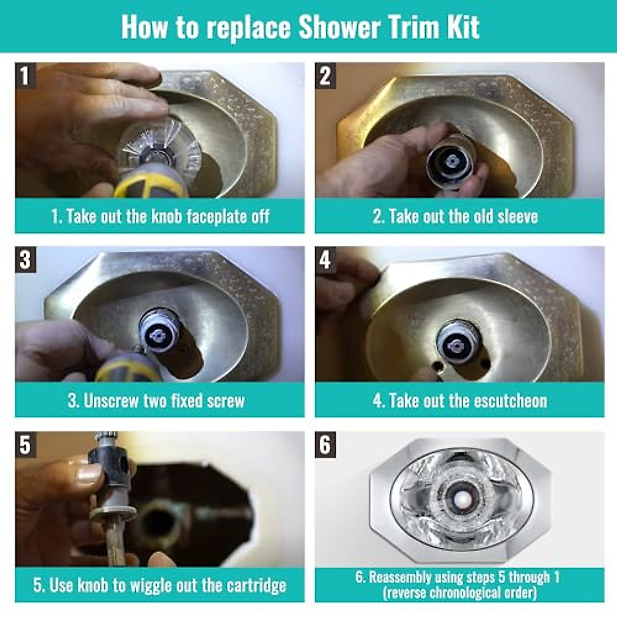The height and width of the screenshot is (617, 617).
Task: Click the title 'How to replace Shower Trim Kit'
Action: pos(301,27)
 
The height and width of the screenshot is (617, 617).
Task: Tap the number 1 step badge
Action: pos(25,76)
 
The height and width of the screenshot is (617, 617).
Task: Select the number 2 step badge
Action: pos(325,76)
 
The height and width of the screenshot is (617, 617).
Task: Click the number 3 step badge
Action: pos(25,260)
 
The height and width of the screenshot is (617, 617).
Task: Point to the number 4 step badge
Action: pos(325,260)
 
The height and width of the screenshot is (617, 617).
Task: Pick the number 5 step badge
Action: pos(25,444)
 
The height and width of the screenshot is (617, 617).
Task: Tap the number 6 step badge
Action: pos(325,444)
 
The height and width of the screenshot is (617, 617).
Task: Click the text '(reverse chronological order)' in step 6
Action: pos(460,593)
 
